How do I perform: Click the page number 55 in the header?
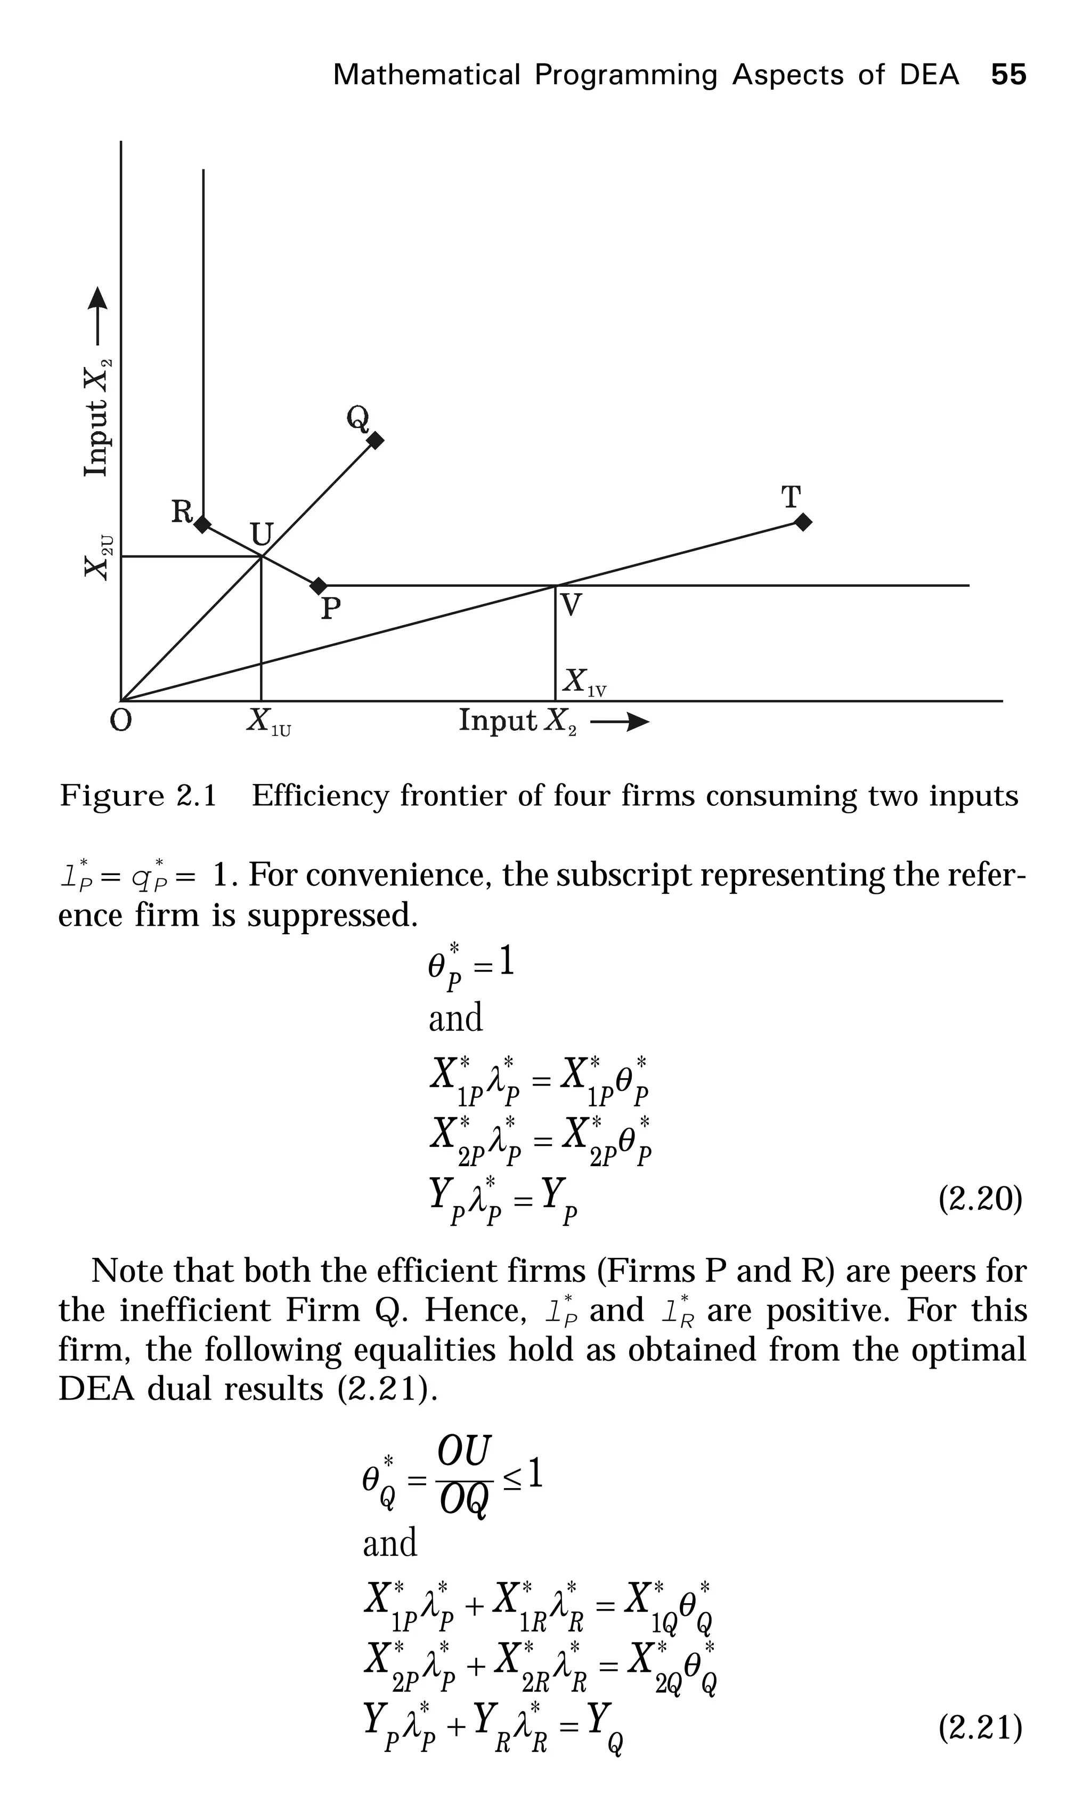point(1008,75)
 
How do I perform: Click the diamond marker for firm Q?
point(375,441)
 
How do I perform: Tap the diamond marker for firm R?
point(202,524)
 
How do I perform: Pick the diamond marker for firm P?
point(319,586)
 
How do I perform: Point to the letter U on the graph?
point(262,535)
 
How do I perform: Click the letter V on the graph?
point(571,605)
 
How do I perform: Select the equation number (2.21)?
point(980,1728)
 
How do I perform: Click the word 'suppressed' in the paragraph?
point(331,916)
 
